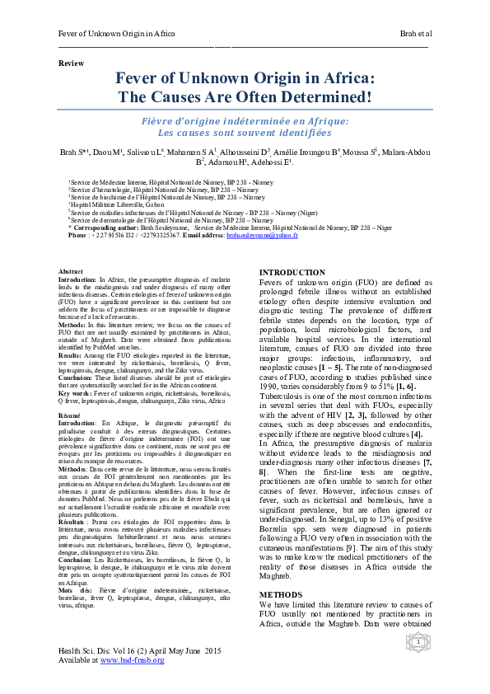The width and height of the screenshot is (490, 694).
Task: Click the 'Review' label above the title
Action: tap(70, 63)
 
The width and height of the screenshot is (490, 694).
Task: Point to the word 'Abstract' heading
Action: tap(71, 271)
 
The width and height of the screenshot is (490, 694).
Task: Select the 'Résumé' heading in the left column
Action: tap(70, 418)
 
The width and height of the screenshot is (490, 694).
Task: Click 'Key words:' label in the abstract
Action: tap(76, 394)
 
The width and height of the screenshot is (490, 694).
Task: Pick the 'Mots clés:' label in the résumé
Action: tap(75, 592)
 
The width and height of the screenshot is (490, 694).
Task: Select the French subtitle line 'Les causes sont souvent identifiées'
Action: tap(244, 132)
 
